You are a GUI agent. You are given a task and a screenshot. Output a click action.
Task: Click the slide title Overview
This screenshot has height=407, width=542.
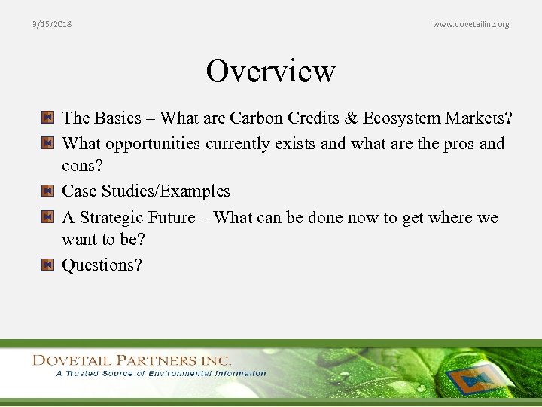271,72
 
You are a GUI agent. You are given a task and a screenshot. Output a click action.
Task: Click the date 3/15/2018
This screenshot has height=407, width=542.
52,24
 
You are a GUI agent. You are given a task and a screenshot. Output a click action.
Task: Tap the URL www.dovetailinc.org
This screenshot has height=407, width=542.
470,24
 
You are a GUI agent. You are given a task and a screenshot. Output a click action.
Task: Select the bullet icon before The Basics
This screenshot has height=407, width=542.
47,118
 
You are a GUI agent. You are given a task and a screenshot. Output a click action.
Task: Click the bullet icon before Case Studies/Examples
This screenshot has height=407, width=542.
47,192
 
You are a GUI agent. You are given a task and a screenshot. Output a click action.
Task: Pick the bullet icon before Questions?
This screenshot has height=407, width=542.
47,265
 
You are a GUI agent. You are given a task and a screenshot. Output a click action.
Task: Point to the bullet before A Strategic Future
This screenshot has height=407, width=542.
47,218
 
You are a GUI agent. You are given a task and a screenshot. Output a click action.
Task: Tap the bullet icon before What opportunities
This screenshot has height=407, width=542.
47,143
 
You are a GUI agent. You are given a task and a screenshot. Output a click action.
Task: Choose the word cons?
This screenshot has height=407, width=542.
82,167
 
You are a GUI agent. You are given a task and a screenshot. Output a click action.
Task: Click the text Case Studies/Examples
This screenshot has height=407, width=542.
146,192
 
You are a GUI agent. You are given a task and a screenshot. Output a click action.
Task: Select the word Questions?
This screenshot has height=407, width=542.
102,265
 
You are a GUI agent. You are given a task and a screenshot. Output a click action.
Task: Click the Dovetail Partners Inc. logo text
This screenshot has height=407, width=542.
132,360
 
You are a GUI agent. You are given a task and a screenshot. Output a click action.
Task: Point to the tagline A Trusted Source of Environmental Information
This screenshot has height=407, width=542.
160,373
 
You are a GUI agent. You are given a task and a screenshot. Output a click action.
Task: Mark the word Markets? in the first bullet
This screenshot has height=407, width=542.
479,118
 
